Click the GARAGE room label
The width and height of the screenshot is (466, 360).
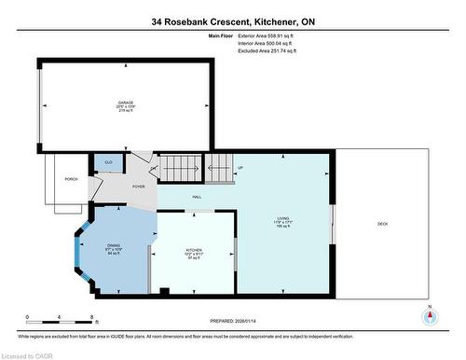125,103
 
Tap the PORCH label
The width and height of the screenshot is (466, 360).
71,179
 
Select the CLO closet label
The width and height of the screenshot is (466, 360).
108,163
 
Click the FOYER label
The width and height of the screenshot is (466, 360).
138,186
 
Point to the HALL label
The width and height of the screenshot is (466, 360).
197,197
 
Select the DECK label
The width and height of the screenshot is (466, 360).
382,224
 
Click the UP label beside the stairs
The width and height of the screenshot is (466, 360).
240,169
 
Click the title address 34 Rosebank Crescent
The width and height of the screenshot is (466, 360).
233,21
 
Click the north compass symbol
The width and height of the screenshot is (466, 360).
429,315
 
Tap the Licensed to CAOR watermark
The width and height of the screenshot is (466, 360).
30,354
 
